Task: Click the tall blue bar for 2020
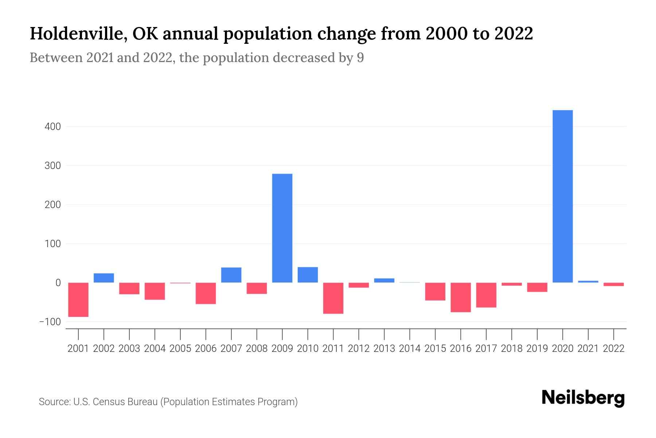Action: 563,196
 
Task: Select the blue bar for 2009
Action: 282,228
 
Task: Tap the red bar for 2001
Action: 78,299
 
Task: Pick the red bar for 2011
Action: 333,298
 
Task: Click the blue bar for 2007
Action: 231,275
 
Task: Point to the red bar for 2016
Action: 461,297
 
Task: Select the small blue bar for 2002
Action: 104,278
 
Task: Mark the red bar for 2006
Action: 206,293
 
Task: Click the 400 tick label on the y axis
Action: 53,127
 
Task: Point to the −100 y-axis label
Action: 50,322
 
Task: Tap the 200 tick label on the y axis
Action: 53,205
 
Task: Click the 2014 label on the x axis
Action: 410,349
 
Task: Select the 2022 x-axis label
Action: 614,349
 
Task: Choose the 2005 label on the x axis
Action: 180,349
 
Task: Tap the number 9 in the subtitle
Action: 360,58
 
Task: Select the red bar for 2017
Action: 486,295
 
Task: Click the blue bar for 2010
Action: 308,275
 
